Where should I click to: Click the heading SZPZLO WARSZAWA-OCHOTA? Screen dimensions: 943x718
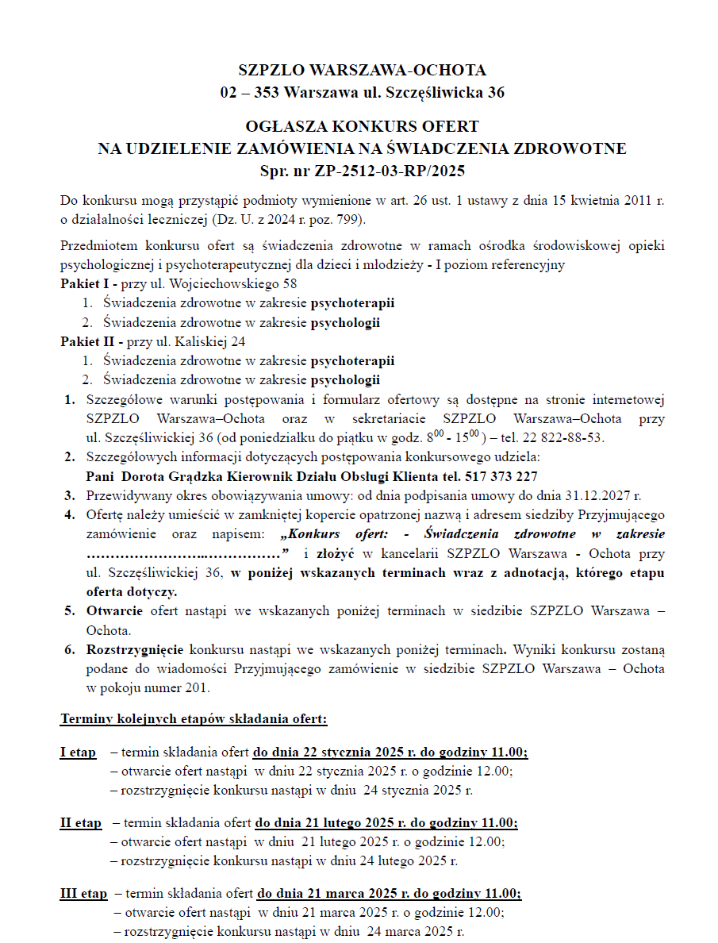[x=362, y=71]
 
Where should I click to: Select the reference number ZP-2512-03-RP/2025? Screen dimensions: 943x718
[x=389, y=171]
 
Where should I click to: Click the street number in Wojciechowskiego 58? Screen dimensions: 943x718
[x=290, y=283]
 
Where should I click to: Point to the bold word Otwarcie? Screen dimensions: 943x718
[x=115, y=611]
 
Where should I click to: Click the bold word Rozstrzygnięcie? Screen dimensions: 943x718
[x=136, y=649]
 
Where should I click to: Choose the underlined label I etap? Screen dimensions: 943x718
[x=78, y=752]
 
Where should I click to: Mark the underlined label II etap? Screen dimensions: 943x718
[x=81, y=822]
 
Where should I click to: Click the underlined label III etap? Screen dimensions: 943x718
[x=83, y=893]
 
